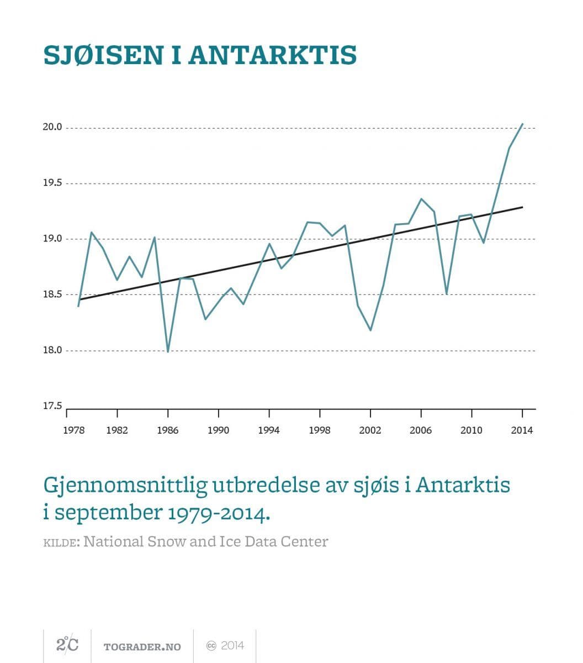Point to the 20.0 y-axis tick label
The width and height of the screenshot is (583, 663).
point(52,128)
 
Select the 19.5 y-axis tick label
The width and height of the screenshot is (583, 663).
point(52,183)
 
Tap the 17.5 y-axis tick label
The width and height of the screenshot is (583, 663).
point(52,406)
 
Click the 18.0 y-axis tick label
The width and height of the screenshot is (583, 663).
point(52,350)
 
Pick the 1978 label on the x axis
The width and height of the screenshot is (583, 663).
point(74,430)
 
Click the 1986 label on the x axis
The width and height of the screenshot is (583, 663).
point(168,430)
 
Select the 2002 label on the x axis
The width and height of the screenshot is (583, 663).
point(370,430)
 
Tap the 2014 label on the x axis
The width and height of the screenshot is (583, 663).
point(522,430)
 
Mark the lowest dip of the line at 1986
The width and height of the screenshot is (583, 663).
point(168,351)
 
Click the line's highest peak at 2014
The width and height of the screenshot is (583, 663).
point(522,124)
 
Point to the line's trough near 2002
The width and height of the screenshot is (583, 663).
point(370,330)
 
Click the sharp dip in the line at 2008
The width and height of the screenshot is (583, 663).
point(446,293)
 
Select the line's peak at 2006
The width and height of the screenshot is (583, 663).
point(421,199)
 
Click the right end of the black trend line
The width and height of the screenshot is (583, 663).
point(522,207)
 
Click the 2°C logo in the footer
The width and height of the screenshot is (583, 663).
point(67,644)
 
